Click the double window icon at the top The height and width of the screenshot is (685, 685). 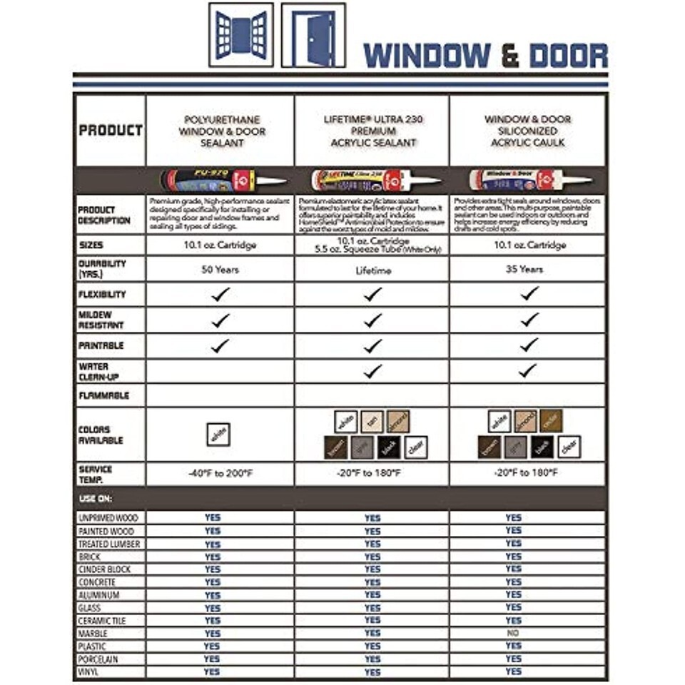[240, 35]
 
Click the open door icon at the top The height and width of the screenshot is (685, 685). [313, 35]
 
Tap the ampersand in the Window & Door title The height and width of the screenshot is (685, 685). [509, 56]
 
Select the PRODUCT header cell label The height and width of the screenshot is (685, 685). [111, 131]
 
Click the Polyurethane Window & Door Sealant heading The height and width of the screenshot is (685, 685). [221, 131]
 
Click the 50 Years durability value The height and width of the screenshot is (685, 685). [221, 270]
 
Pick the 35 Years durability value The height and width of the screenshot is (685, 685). [527, 269]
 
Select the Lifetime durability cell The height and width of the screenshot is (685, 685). [372, 271]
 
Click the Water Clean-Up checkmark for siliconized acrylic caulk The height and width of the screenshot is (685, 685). [528, 370]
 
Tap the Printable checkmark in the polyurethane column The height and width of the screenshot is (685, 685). [221, 345]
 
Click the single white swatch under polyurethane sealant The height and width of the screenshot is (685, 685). [218, 434]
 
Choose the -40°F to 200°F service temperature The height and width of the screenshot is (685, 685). [221, 474]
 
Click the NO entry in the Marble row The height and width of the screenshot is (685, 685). [512, 633]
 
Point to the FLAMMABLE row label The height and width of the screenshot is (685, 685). [104, 395]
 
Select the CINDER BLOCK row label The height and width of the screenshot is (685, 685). [104, 569]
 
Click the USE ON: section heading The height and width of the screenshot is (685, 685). [96, 498]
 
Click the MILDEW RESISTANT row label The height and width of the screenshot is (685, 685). [101, 320]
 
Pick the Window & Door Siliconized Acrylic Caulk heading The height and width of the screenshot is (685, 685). [527, 131]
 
